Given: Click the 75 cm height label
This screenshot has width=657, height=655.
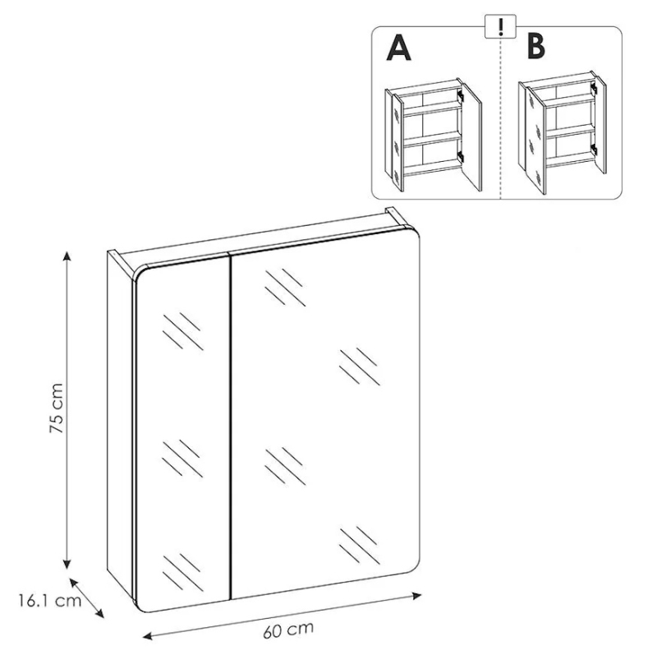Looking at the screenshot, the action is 56,408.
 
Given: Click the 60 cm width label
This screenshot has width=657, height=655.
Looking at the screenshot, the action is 288,630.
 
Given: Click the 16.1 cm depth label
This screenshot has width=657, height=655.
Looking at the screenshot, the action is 50,601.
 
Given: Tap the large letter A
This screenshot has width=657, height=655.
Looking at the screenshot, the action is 398,48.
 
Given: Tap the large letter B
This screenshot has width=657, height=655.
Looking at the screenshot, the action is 536,46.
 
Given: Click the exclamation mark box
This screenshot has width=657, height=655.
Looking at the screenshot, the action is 500,26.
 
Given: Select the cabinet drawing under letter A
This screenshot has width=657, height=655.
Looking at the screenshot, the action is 434,135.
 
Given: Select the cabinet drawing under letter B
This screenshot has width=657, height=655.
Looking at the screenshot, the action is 562,132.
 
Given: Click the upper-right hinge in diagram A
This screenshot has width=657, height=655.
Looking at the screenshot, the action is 461,95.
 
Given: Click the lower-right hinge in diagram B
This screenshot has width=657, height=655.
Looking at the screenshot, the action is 593,149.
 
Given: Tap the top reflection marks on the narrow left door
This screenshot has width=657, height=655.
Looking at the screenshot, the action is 183,331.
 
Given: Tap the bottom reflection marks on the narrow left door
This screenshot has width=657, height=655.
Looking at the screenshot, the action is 182,573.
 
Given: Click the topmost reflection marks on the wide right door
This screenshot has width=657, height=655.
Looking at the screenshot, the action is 285,288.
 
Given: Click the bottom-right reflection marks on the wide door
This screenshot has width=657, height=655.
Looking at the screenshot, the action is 360,546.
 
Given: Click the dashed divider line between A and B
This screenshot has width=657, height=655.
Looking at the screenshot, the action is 501,118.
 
